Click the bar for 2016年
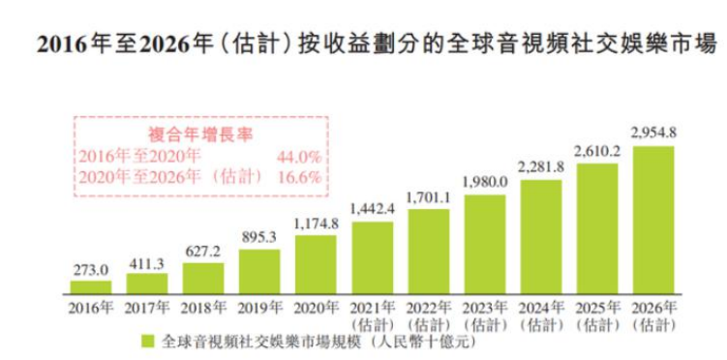[x=91, y=286]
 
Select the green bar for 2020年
[x=316, y=263]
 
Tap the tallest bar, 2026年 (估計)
[x=652, y=219]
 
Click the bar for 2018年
[x=203, y=278]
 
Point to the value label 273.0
[x=91, y=271]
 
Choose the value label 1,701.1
[x=428, y=198]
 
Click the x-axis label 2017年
[x=147, y=308]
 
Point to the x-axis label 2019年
[x=259, y=308]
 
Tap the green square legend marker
[x=148, y=341]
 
